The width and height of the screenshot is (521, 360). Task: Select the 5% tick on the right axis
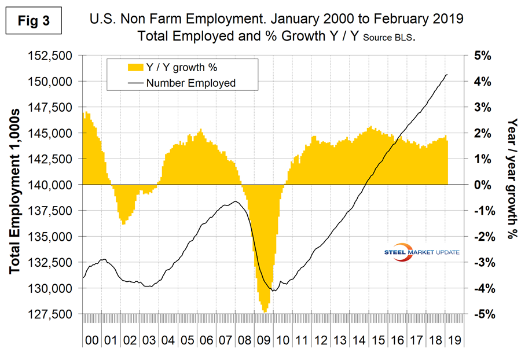(483, 56)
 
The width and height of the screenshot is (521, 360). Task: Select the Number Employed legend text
(191, 83)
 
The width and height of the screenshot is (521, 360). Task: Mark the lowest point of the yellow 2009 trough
(265, 312)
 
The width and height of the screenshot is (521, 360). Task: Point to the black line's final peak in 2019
(446, 75)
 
